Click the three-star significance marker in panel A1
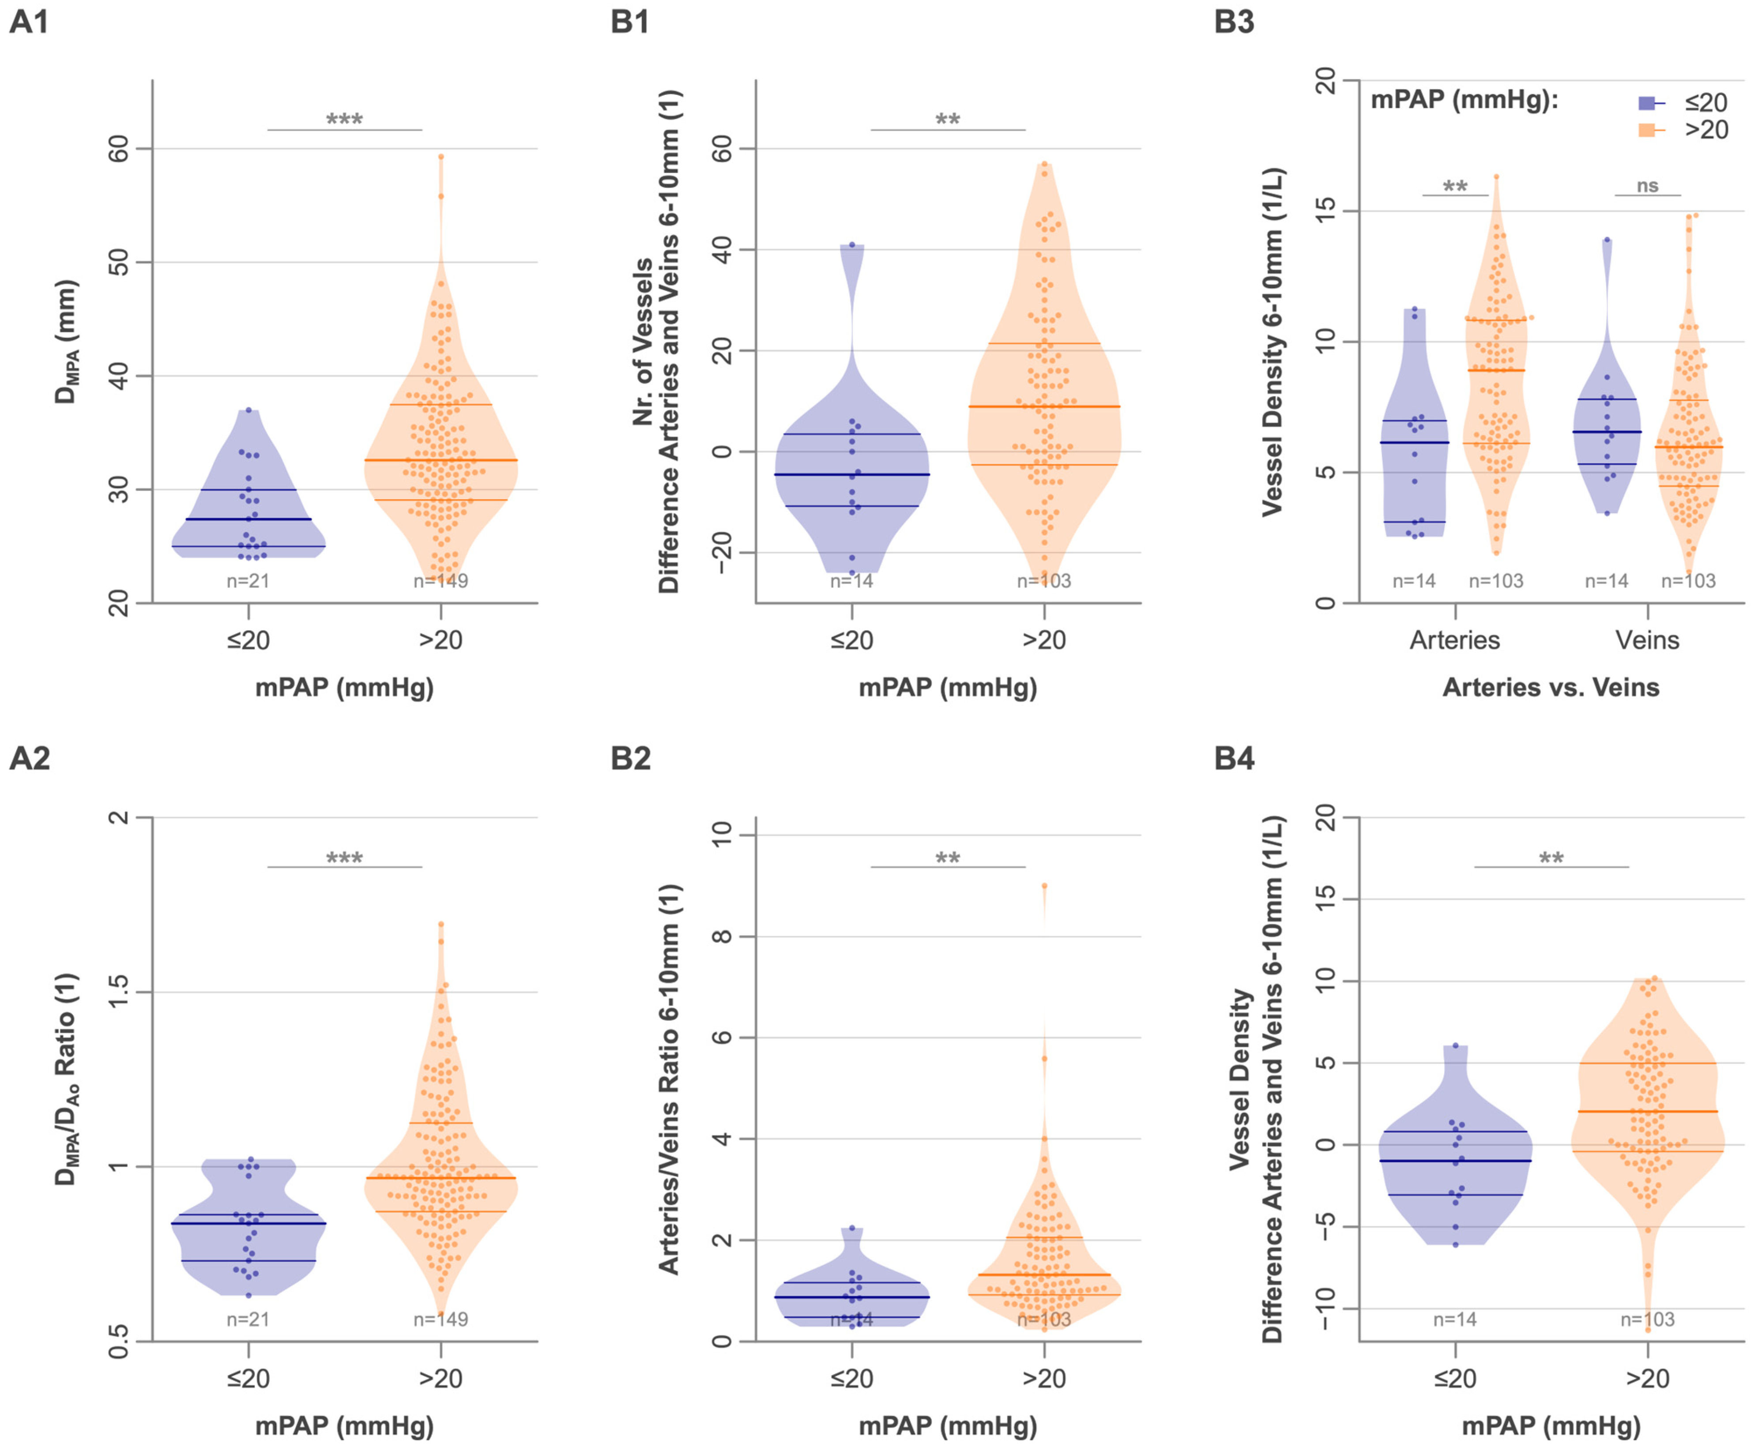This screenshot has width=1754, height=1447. pos(344,119)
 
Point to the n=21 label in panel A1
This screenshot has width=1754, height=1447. pos(248,581)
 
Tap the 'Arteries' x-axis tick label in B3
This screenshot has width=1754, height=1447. pos(1455,640)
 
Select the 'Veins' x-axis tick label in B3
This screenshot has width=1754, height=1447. pos(1647,640)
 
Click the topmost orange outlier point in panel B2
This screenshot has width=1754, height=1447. pos(1045,886)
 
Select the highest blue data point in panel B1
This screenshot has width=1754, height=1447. pos(852,245)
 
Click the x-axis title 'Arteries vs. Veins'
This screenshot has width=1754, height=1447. pos(1551,688)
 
